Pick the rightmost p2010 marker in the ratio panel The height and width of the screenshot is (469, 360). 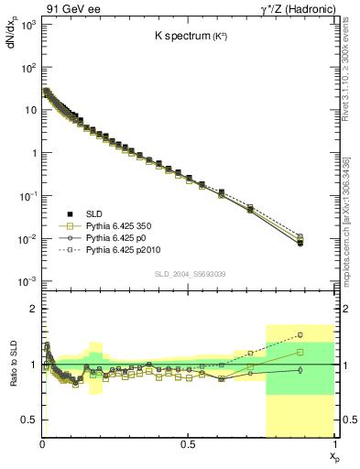pos(325,335)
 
